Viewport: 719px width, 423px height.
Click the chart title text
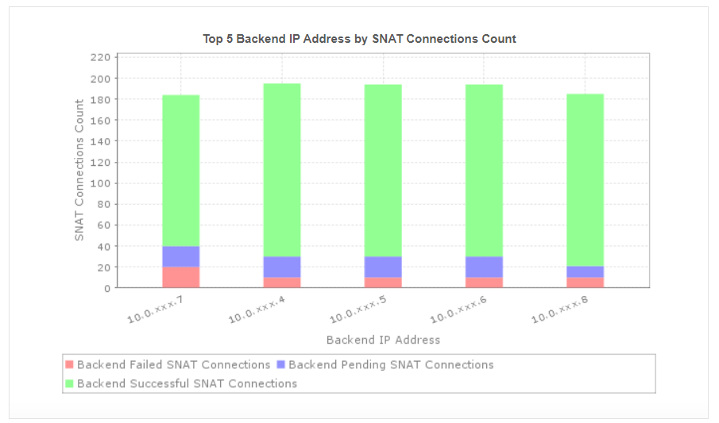tap(359, 38)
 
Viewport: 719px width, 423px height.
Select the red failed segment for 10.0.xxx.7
tap(181, 277)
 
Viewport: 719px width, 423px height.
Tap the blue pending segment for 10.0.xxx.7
tap(181, 256)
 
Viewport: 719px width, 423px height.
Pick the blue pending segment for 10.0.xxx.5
tap(383, 267)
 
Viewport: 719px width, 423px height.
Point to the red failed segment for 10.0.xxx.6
tap(484, 283)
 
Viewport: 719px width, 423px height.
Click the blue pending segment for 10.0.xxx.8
tap(585, 271)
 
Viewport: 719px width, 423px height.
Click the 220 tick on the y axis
tap(100, 57)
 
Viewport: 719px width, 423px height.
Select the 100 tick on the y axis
tap(100, 183)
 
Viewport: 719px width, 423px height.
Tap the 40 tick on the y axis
tap(102, 246)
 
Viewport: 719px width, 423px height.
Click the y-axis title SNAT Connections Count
tap(79, 170)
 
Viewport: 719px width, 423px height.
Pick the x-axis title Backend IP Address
tap(383, 340)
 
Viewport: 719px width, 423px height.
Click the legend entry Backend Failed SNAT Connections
tap(173, 365)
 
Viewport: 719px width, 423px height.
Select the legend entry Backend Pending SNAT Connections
tap(390, 365)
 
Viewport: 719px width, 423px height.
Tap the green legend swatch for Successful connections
tap(69, 384)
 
